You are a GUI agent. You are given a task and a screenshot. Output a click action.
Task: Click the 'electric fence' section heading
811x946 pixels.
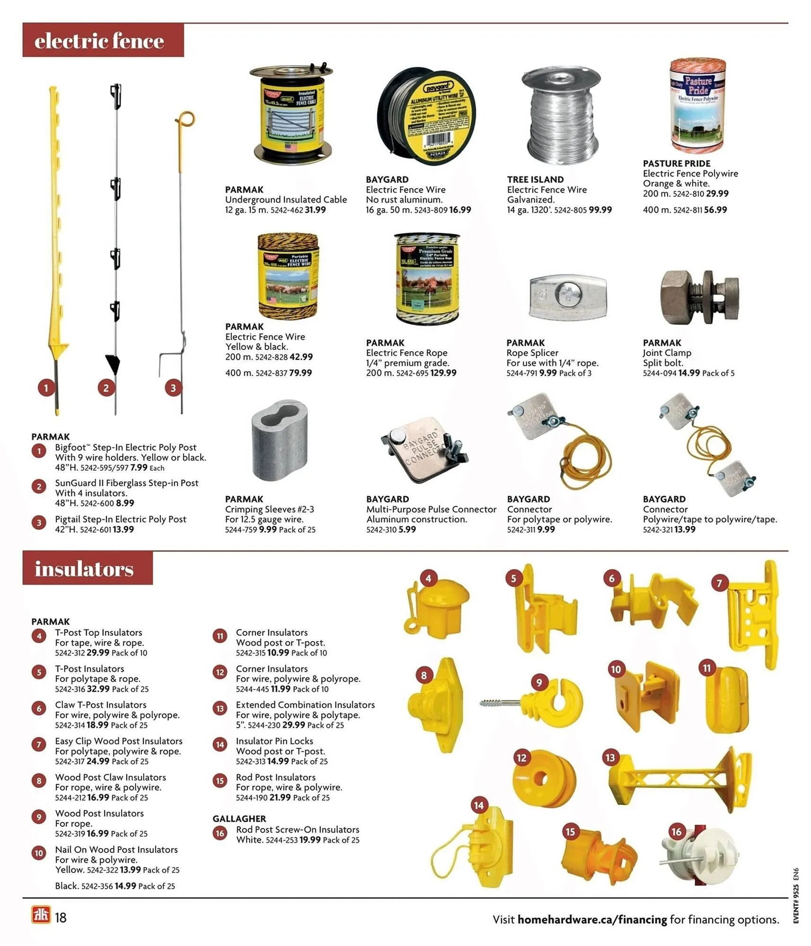99,41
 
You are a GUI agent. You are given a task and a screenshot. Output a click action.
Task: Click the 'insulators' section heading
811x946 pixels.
84,568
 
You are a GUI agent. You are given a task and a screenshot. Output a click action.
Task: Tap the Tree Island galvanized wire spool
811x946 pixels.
561,116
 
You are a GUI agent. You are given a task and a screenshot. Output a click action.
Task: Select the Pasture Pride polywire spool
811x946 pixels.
697,106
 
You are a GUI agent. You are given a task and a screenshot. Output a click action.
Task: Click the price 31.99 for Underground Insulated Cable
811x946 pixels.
315,210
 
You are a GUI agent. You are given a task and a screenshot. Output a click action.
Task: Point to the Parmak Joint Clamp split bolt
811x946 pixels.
698,297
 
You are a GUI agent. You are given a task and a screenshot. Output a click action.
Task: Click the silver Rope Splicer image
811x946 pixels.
567,297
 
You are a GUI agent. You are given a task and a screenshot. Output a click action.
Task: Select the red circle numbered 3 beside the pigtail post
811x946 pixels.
173,388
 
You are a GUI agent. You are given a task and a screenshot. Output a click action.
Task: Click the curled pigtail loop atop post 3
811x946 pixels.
185,118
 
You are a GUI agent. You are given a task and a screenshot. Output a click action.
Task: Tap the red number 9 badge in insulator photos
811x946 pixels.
539,682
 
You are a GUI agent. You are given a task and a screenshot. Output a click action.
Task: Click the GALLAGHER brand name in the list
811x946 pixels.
239,818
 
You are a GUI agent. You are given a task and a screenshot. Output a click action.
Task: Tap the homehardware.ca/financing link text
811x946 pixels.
592,920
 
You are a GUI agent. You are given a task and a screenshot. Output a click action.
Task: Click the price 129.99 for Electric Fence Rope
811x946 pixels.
440,373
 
